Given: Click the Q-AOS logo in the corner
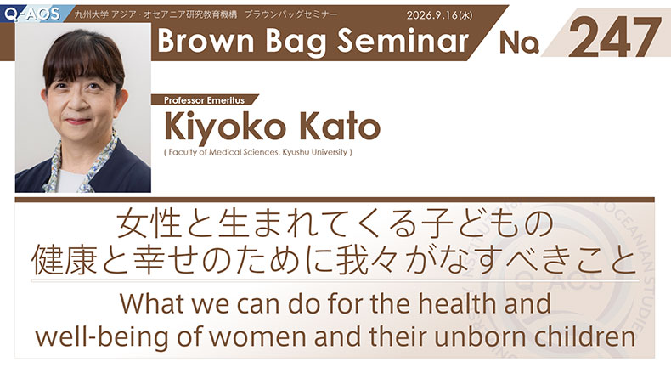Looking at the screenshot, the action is pyautogui.click(x=32, y=14).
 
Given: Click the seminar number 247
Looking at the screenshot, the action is pyautogui.click(x=615, y=37).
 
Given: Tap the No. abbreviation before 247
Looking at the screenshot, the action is pyautogui.click(x=519, y=42).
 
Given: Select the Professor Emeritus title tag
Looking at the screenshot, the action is pyautogui.click(x=205, y=100).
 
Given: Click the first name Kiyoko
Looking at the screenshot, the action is pyautogui.click(x=225, y=127).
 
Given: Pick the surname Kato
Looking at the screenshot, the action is pyautogui.click(x=340, y=126).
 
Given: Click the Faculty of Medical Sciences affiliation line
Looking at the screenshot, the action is pyautogui.click(x=258, y=152).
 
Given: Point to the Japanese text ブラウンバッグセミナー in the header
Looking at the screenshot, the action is pyautogui.click(x=291, y=14).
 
